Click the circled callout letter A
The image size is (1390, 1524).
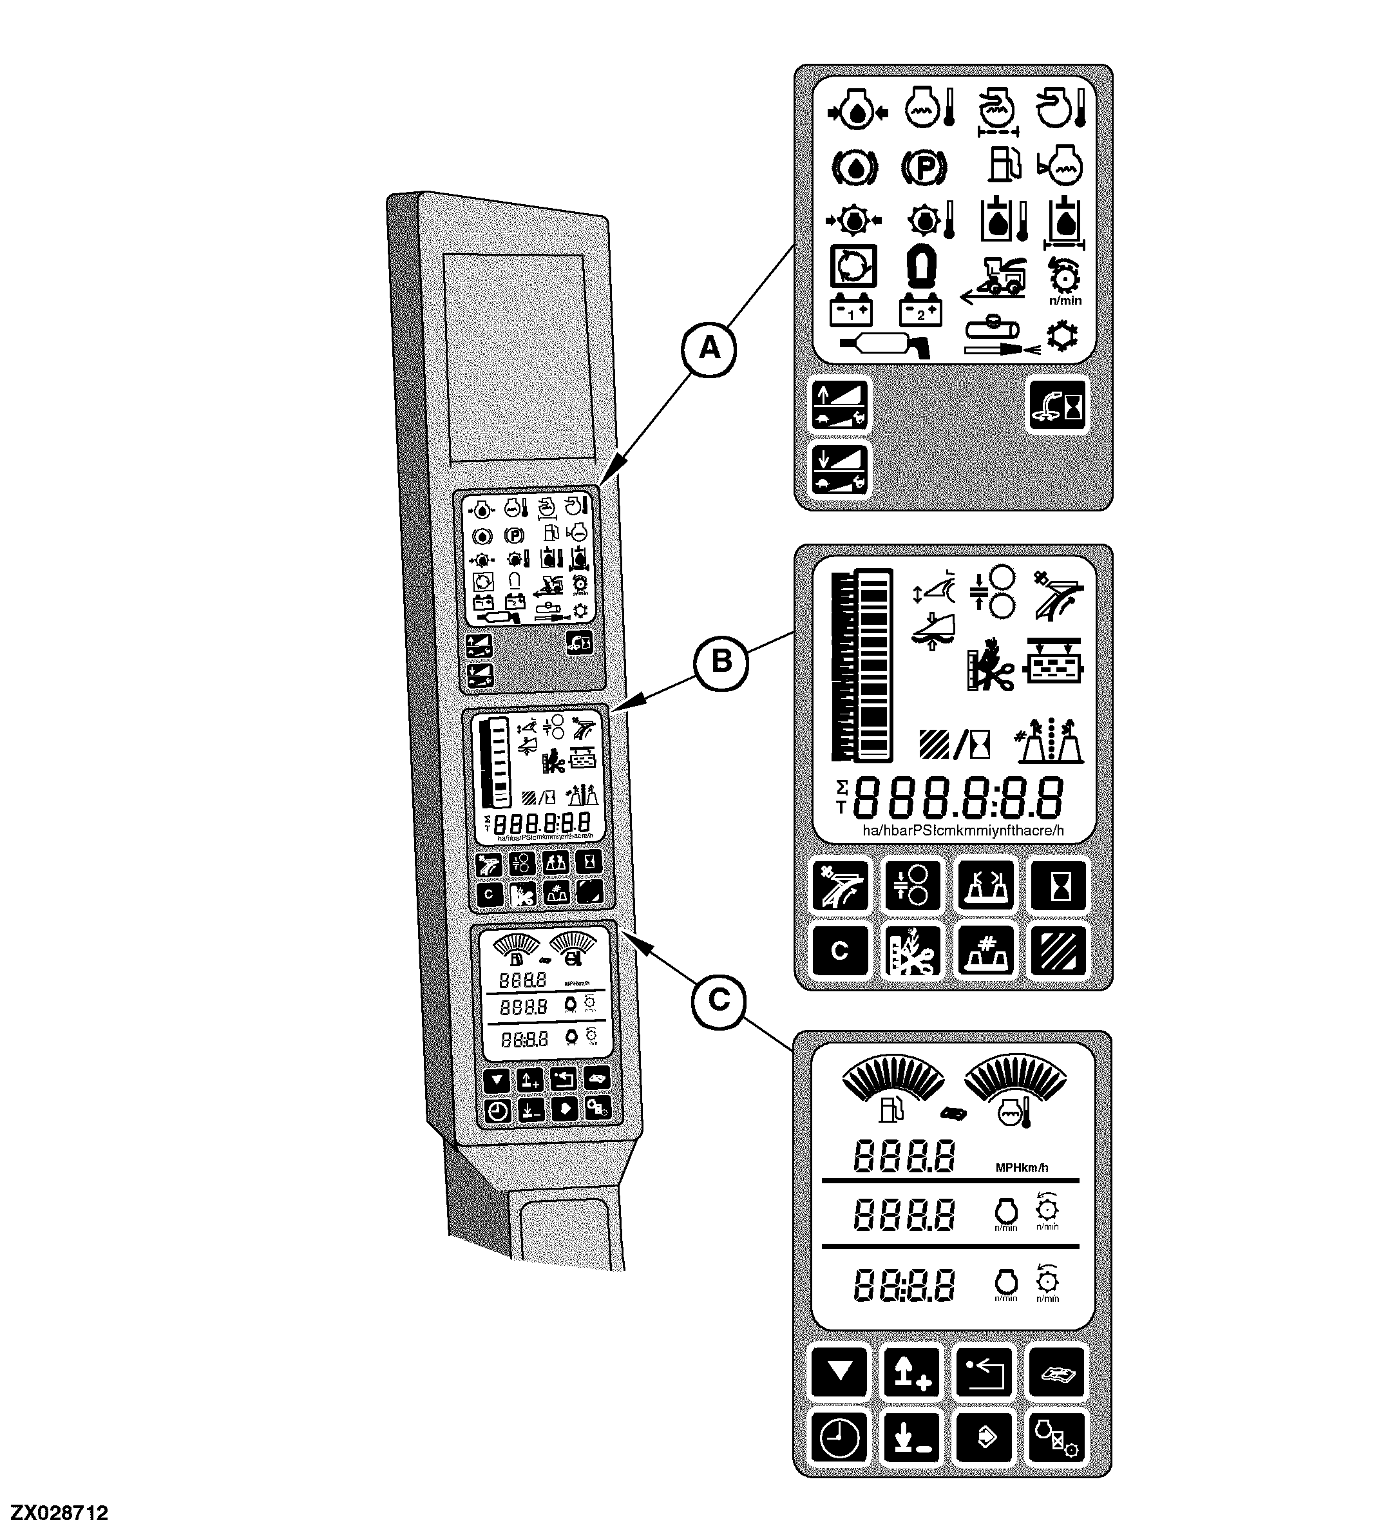coord(709,348)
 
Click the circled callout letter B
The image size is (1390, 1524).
coord(722,662)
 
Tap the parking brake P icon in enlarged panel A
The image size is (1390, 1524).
coord(924,167)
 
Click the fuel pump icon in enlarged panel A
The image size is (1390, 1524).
coord(1005,164)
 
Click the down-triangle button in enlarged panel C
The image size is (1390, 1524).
coord(839,1371)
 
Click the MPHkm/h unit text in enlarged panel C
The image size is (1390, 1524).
coord(1021,1168)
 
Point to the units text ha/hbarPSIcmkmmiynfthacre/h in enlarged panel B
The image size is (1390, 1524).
coord(963,831)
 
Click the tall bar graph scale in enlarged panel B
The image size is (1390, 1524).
coord(862,665)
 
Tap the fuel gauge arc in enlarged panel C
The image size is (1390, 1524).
coord(893,1077)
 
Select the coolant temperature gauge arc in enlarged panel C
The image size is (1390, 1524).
coord(1015,1077)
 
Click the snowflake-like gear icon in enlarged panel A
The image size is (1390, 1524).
coord(1063,336)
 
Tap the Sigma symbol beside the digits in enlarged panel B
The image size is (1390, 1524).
coord(841,788)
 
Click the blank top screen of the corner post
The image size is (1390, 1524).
coord(514,357)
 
